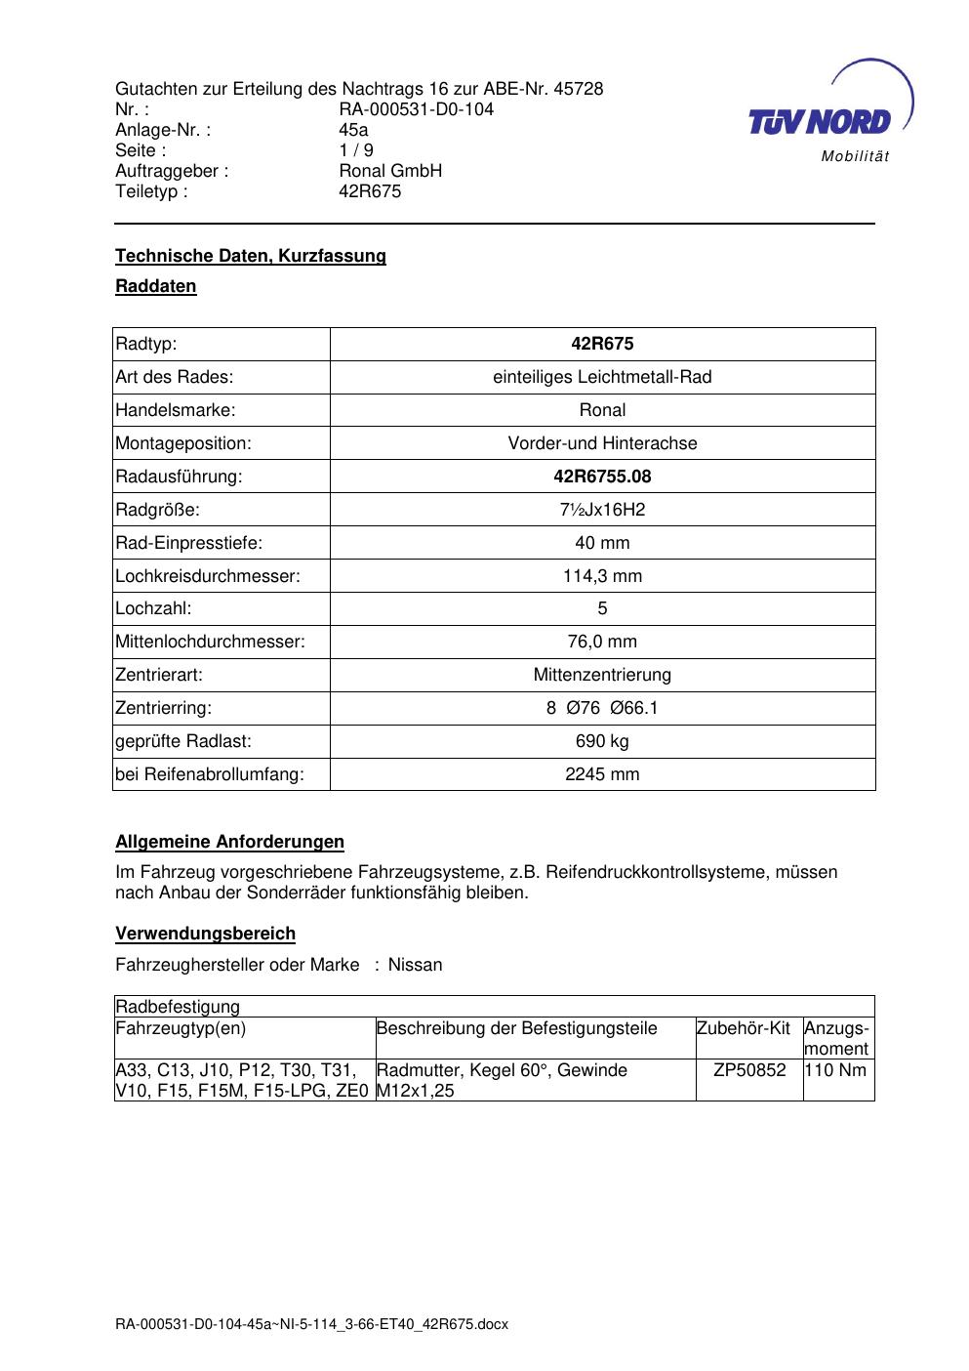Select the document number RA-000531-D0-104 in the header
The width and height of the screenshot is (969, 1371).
click(416, 109)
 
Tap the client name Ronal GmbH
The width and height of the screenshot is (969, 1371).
click(390, 171)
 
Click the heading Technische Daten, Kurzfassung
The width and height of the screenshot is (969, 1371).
click(251, 256)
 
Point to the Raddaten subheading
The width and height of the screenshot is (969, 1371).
click(156, 286)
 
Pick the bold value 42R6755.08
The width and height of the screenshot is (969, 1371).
click(602, 477)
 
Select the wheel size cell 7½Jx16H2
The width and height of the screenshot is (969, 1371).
click(602, 510)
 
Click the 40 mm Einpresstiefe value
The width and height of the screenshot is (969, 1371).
click(602, 543)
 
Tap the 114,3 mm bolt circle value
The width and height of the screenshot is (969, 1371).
click(602, 576)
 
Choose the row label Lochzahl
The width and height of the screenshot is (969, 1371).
click(153, 608)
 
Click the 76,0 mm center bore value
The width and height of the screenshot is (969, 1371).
click(602, 642)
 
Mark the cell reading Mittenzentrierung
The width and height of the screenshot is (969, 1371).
click(602, 675)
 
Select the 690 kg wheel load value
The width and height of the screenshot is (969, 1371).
click(602, 741)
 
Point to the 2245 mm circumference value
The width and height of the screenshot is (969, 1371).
click(602, 774)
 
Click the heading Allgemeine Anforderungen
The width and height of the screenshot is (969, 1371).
click(230, 842)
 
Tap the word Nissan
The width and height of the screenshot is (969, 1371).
click(415, 965)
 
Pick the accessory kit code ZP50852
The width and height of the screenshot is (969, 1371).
click(749, 1070)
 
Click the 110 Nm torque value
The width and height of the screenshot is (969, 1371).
click(837, 1070)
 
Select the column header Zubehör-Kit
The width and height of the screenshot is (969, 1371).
click(744, 1028)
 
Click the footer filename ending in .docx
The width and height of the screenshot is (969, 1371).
click(312, 1325)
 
